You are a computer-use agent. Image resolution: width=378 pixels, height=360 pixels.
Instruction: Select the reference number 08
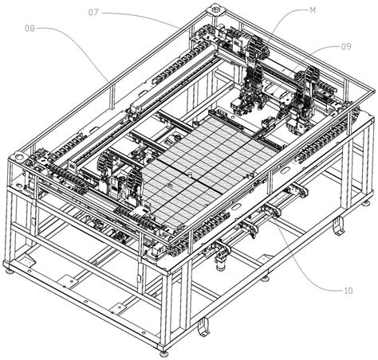[x=30, y=29]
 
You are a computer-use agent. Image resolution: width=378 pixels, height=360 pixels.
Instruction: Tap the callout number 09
[x=345, y=47]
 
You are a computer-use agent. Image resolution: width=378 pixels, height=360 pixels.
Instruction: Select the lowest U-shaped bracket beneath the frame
[x=203, y=326]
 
